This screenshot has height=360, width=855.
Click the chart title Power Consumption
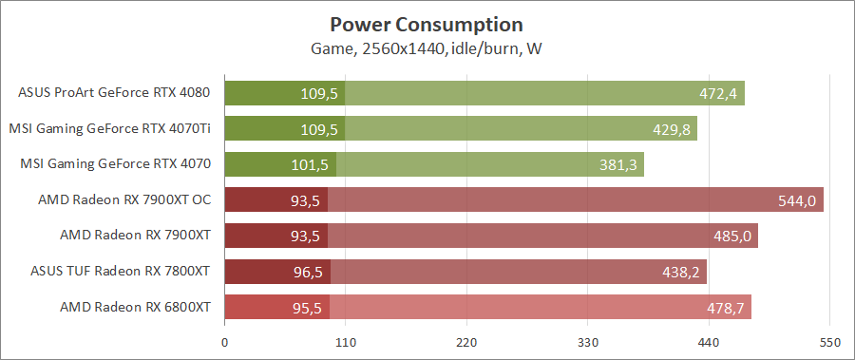click(427, 24)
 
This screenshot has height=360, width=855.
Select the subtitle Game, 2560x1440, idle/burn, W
click(427, 47)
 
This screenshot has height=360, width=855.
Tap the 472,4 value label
click(716, 93)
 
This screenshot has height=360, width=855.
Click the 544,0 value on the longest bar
click(795, 199)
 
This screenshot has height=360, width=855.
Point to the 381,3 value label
click(618, 164)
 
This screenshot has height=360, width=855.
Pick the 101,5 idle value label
click(309, 164)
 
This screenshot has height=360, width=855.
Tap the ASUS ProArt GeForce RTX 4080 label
click(114, 93)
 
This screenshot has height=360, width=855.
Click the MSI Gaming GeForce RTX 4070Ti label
click(109, 128)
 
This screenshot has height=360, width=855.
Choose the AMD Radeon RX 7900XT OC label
click(124, 199)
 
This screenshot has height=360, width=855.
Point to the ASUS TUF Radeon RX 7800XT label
click(120, 271)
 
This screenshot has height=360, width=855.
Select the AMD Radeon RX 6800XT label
click(135, 307)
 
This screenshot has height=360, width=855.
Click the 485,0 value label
click(731, 236)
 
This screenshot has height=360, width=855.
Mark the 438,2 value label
click(681, 271)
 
